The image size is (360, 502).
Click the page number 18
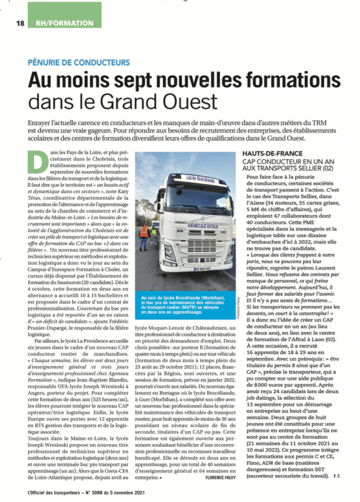(20, 23)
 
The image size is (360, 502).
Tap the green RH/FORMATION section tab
(64, 23)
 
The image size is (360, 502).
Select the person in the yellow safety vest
(154, 234)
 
